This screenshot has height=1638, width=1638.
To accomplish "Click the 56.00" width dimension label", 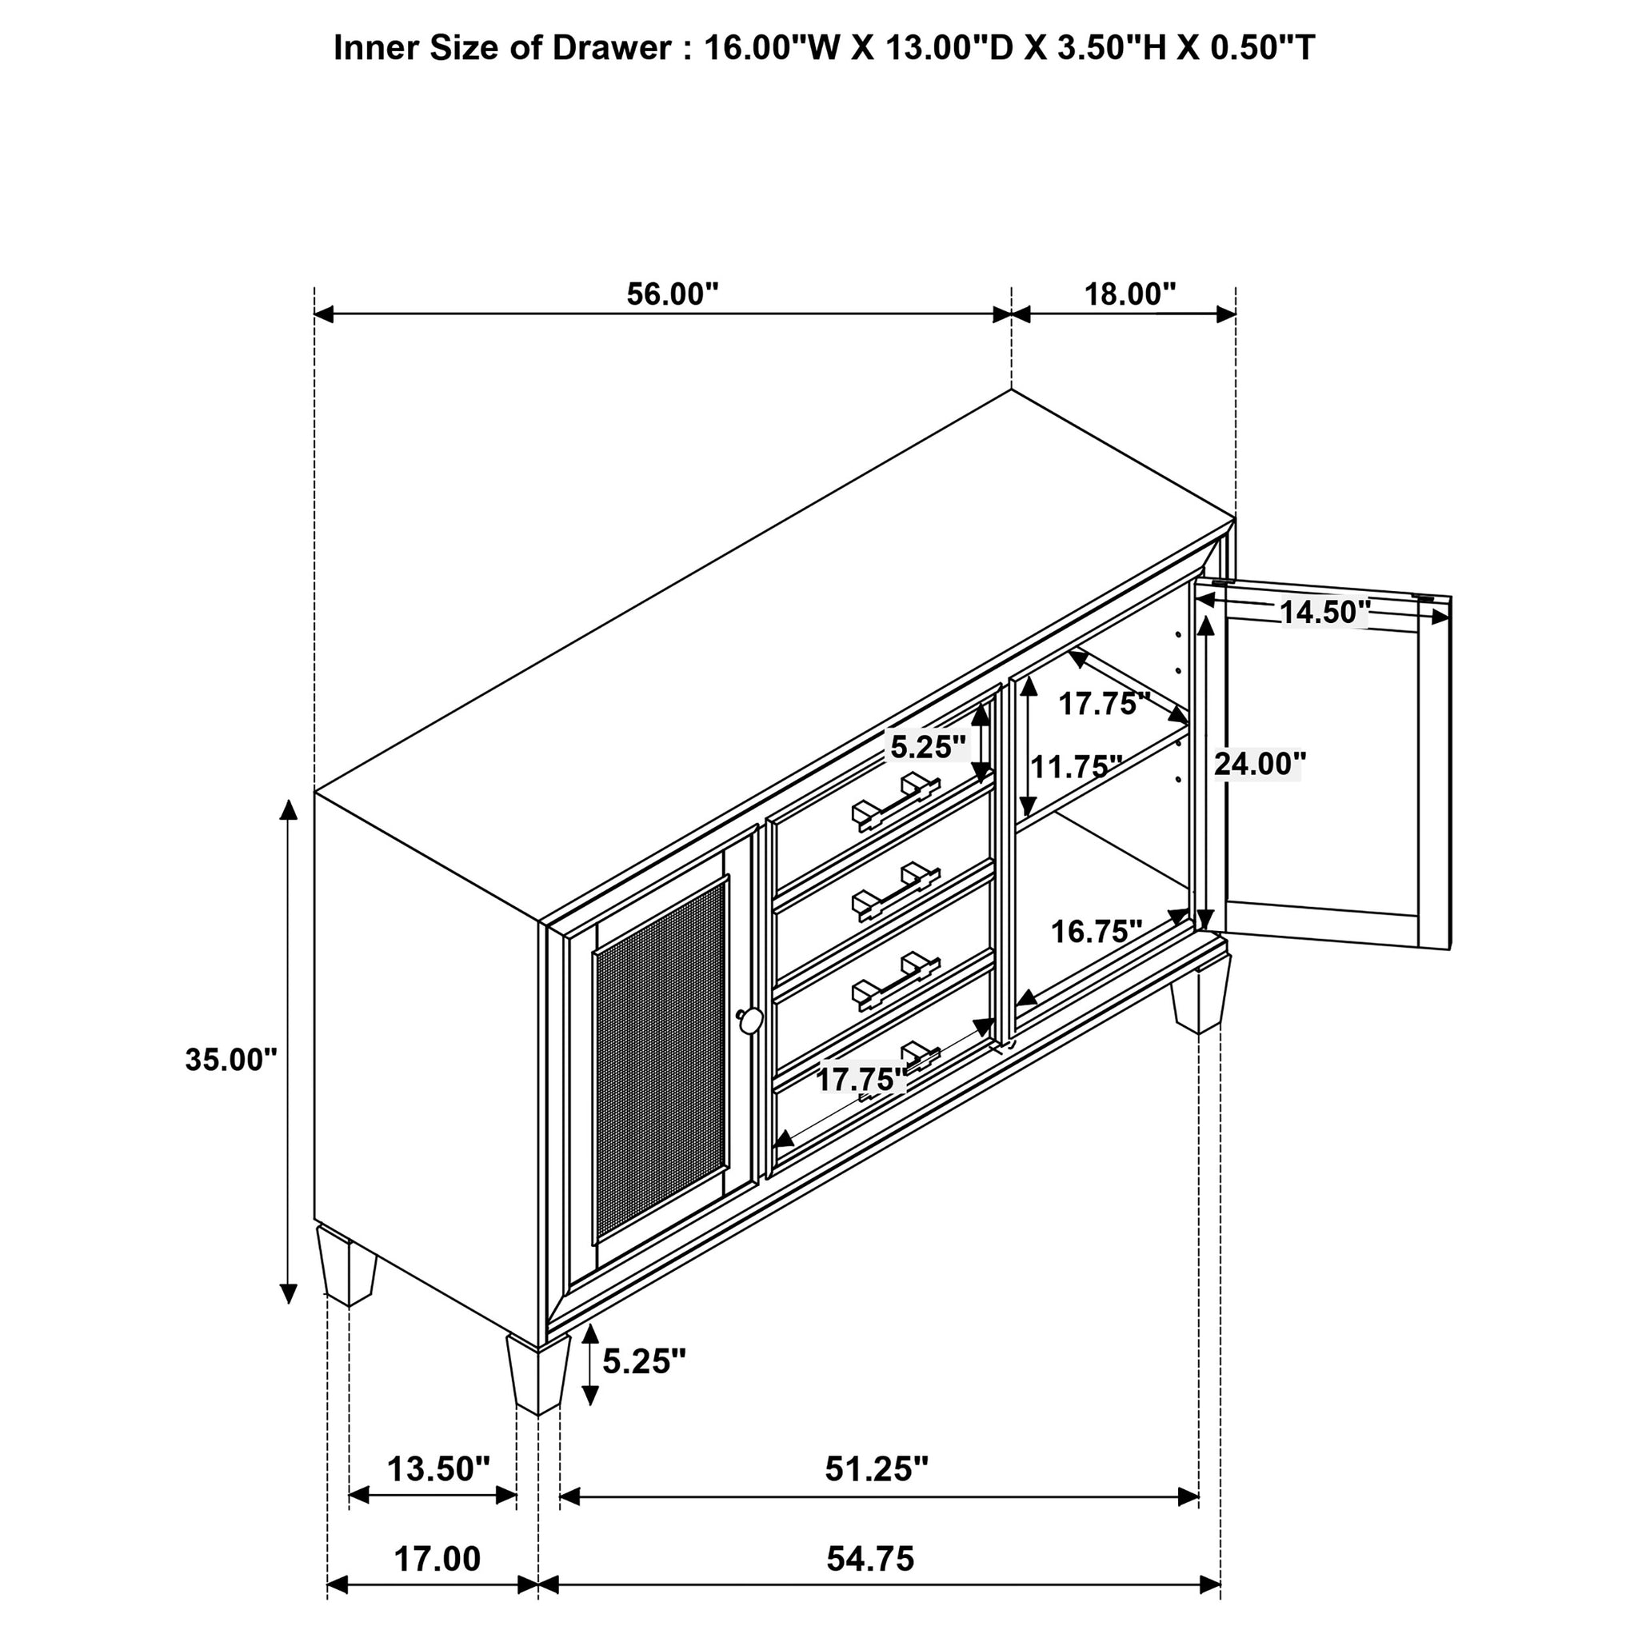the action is coord(672,295).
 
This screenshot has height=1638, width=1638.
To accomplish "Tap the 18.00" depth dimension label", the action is coord(1130,295).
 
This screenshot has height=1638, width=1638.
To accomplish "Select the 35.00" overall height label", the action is coord(231,1060).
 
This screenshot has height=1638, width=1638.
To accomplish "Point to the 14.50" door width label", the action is coord(1324,611).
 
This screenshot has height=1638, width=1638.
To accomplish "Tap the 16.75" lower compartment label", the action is coord(1097,932).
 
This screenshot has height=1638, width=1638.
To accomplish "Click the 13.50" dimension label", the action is coord(439,1468).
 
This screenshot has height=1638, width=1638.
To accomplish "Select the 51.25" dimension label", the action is coord(877,1468).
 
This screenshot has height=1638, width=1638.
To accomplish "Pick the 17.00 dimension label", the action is coord(437,1558).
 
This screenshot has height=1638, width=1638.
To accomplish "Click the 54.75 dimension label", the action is coord(871,1558).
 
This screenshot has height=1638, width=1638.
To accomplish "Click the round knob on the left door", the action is coord(749,1020).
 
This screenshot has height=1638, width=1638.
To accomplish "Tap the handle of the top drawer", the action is coord(895,802).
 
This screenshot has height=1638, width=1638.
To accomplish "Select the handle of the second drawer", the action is coord(895,892).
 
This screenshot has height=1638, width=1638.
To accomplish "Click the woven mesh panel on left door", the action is coord(661,1061).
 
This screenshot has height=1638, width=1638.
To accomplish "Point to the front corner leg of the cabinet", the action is coord(538,1376).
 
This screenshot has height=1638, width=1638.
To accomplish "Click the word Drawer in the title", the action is coord(611,48).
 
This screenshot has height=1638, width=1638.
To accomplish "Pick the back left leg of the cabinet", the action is coord(347,1267).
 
